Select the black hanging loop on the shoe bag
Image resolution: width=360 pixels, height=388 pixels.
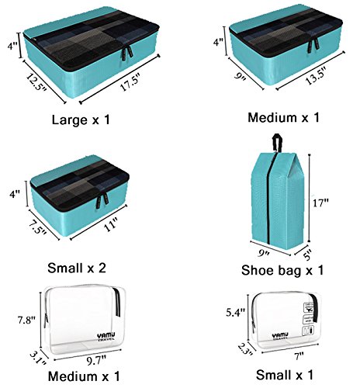[x=275, y=143]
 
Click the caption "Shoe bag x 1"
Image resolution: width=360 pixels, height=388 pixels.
[x=282, y=271]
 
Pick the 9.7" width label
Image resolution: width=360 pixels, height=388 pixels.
[x=95, y=359]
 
